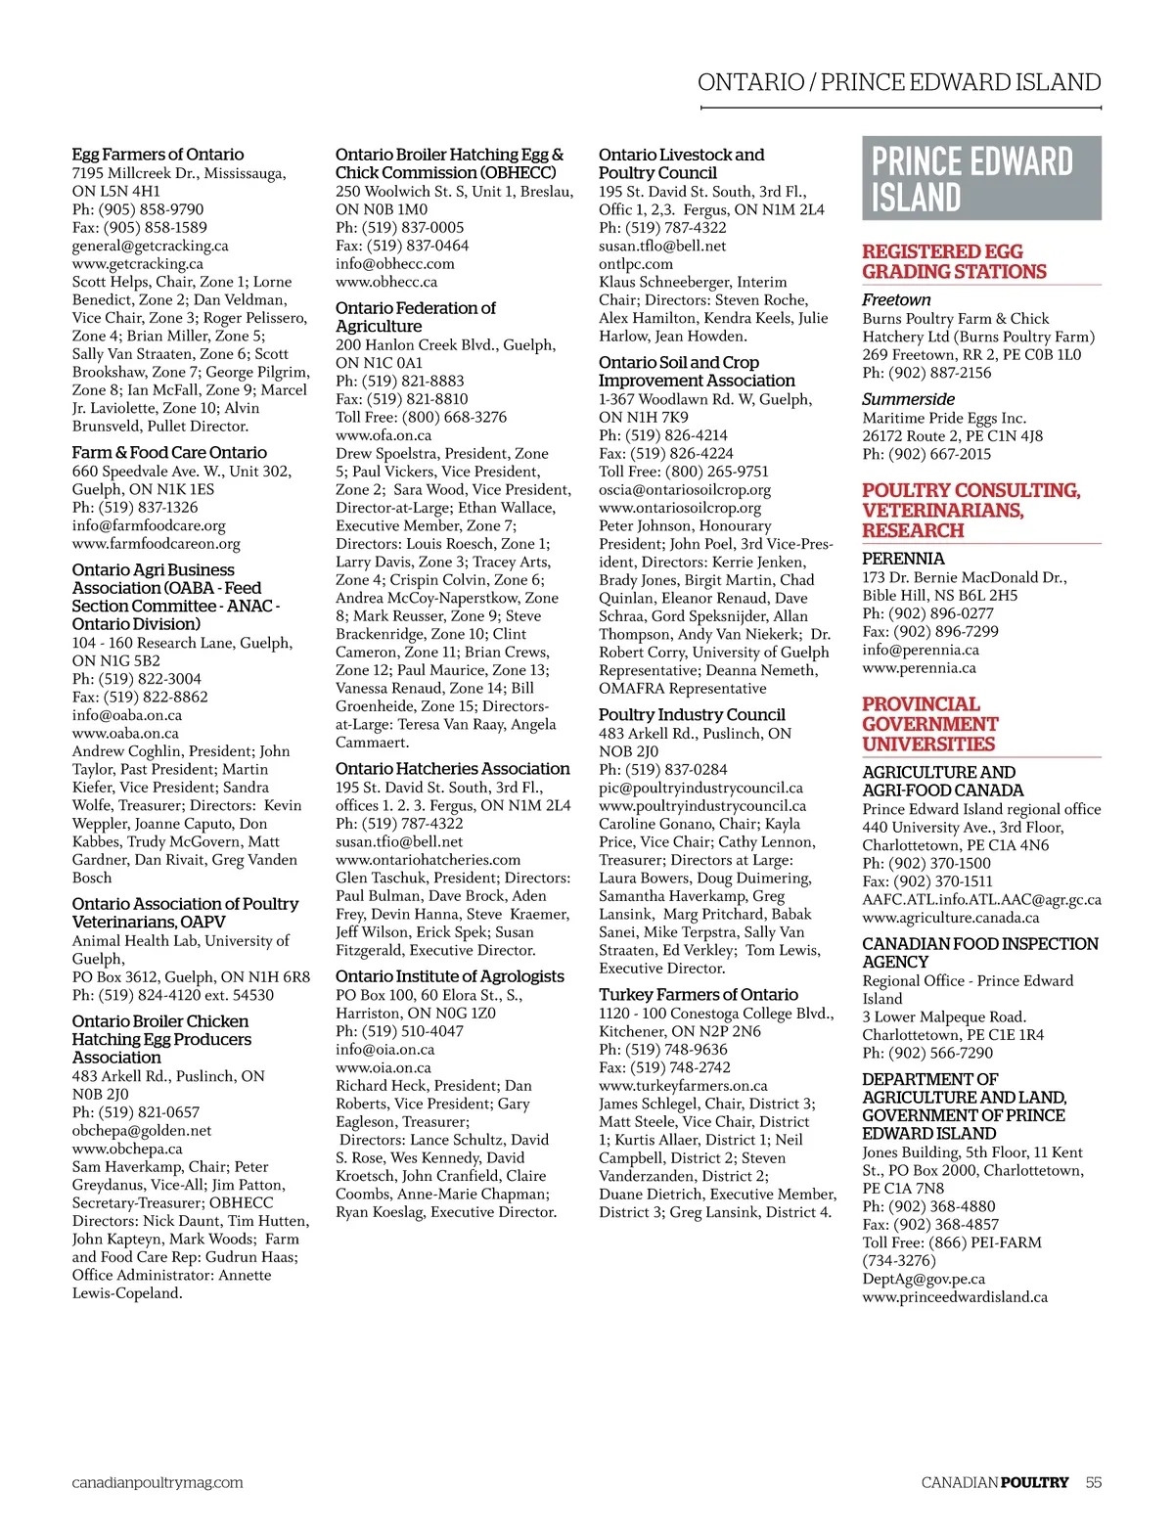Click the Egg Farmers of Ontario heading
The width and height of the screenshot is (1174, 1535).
158,155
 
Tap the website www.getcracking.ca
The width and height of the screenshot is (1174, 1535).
138,263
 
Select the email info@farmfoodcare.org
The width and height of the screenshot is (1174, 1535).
149,525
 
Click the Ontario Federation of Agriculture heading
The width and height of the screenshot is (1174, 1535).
415,317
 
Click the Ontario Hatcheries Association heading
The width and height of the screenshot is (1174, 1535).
452,769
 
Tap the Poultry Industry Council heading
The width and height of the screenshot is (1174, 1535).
692,715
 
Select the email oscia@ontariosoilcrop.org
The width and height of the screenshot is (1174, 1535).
685,489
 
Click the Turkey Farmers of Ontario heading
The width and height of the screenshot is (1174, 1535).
699,995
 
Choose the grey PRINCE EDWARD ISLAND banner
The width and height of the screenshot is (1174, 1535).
981,178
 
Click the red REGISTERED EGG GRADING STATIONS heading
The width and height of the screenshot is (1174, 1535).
954,262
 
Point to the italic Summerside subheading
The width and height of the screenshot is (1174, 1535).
908,399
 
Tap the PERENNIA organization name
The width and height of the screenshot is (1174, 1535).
903,559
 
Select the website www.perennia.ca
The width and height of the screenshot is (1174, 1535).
919,668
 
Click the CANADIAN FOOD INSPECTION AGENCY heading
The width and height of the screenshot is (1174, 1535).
979,953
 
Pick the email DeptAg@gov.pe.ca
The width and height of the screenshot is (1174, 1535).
924,1279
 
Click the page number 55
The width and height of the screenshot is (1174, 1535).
1093,1482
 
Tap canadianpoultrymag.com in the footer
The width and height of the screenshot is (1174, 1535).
158,1482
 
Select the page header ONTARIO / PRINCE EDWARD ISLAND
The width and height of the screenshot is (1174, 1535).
899,82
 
